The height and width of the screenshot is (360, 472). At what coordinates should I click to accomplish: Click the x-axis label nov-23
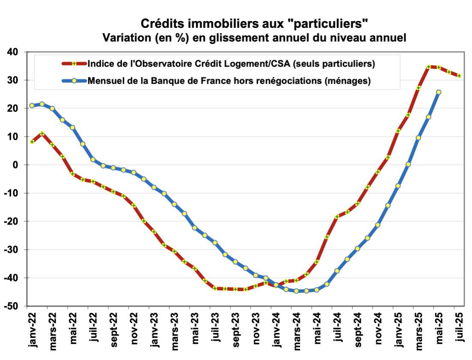click(x=256, y=326)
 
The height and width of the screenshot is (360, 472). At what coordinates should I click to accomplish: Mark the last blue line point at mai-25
click(x=439, y=92)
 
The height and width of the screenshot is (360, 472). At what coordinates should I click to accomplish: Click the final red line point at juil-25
click(x=459, y=76)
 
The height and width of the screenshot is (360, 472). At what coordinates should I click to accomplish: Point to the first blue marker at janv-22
click(x=32, y=105)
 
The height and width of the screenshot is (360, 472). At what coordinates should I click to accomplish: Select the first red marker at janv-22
click(x=32, y=141)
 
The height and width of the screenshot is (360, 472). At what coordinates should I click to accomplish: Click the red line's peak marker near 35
click(x=429, y=67)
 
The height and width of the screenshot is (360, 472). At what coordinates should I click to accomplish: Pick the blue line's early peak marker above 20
click(x=42, y=104)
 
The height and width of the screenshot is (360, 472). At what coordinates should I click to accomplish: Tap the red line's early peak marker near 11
click(x=42, y=134)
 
